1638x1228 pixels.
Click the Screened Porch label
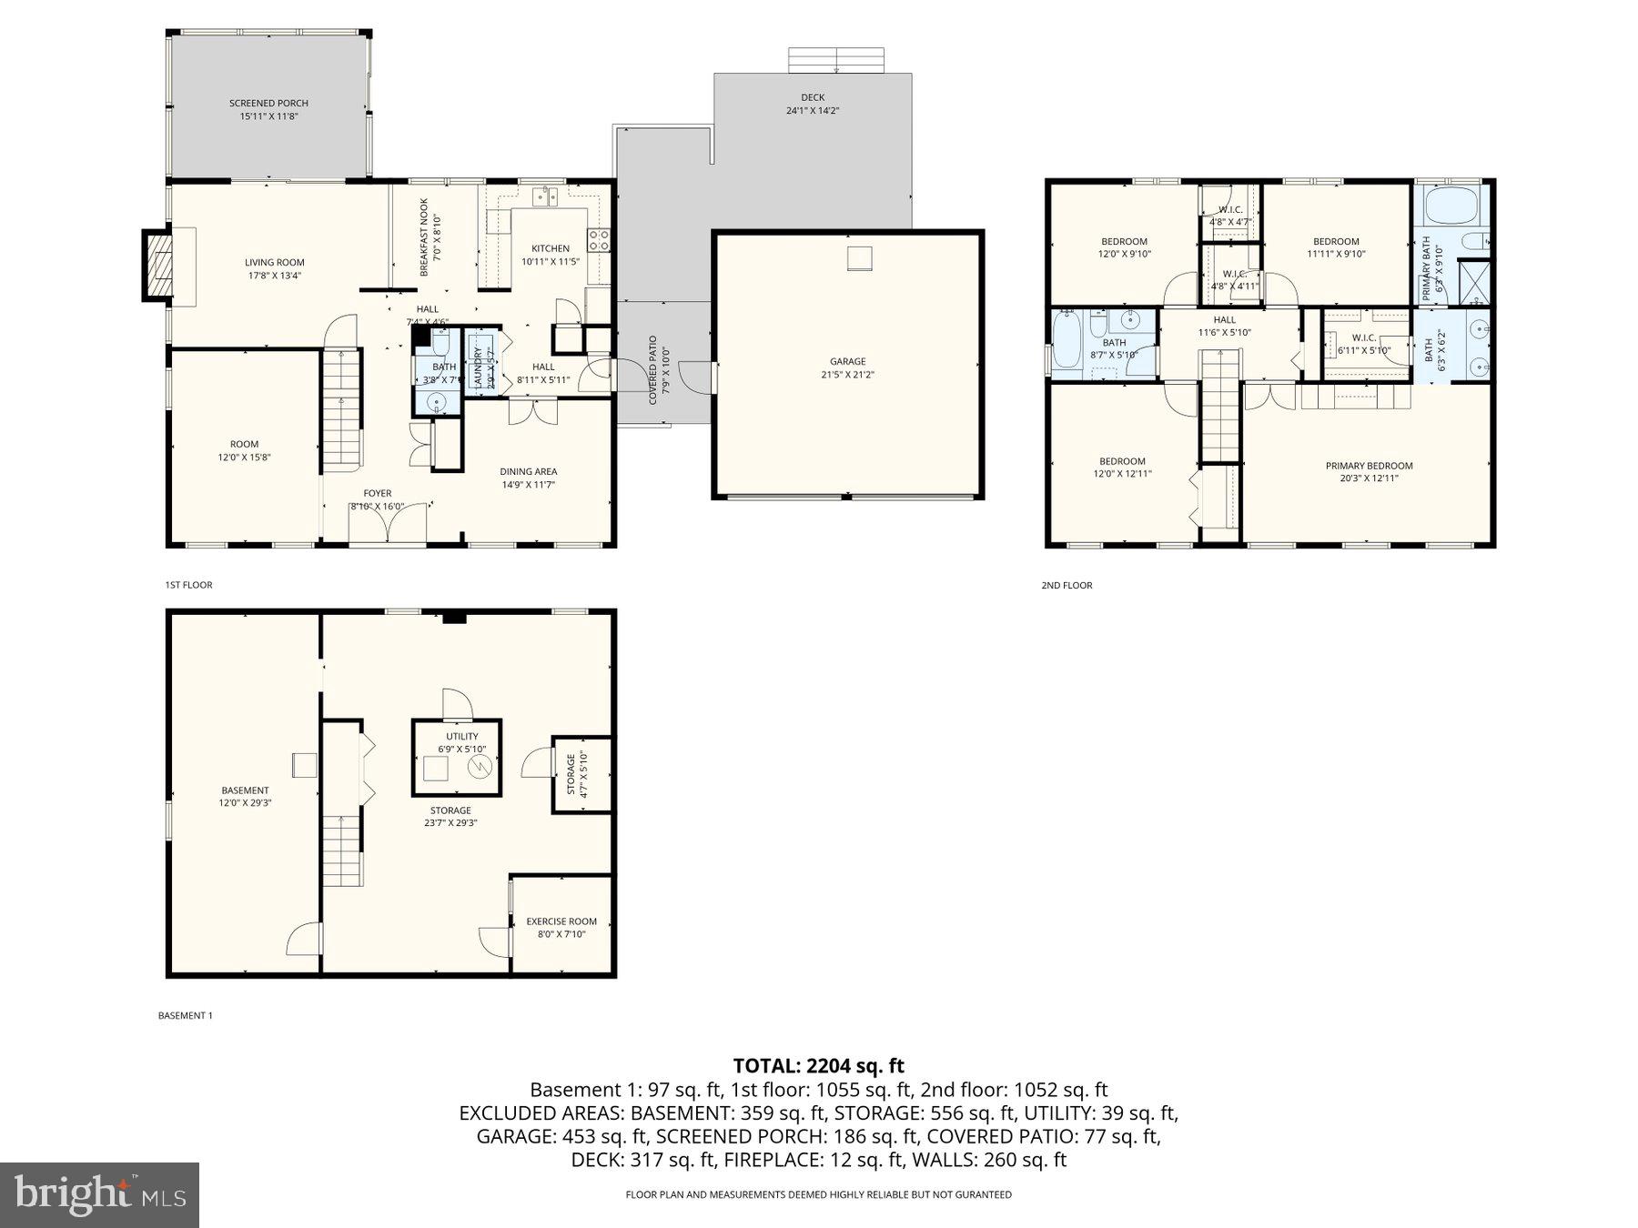268,104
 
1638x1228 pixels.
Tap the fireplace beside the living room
158,266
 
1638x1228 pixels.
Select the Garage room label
847,362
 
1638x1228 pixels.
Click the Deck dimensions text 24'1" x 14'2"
813,111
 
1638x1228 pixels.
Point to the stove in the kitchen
599,240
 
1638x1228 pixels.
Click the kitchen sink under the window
545,196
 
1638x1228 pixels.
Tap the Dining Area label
528,471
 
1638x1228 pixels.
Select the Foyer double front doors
389,524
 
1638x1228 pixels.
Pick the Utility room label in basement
461,737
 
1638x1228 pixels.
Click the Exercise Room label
561,921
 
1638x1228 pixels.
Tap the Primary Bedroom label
1369,466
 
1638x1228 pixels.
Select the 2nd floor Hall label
1224,320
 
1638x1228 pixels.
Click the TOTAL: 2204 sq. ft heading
818,1065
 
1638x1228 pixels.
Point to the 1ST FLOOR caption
188,585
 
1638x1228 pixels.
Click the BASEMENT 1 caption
185,1015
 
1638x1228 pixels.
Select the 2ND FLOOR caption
1067,586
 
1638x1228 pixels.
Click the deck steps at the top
836,61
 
